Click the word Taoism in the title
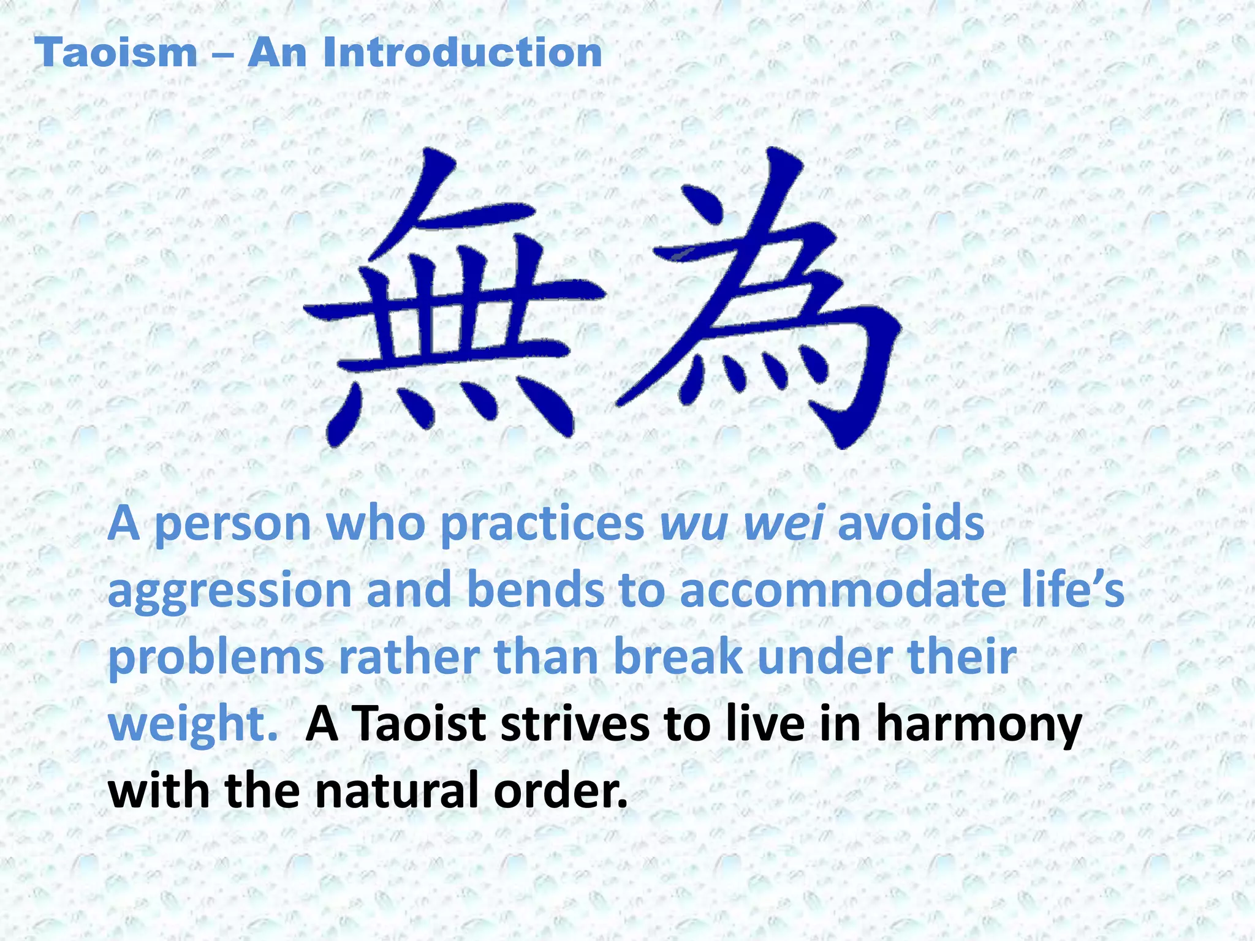point(116,53)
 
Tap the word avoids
point(911,524)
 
